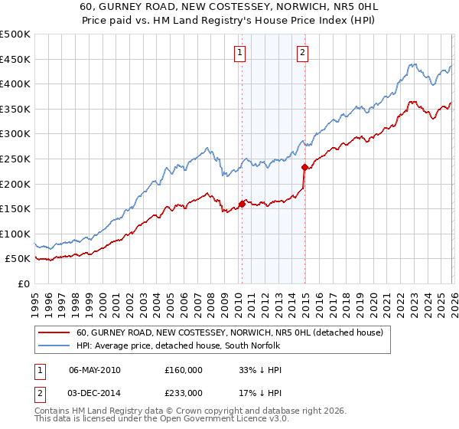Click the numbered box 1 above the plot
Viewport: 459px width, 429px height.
(240, 53)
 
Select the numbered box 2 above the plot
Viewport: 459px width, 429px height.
(303, 53)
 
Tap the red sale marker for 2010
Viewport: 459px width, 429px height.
(242, 204)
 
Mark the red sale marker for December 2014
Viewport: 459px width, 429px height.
(304, 167)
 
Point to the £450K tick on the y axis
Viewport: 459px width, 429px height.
(15, 59)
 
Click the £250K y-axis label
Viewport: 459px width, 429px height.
(15, 159)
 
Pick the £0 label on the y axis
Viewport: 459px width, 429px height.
(24, 283)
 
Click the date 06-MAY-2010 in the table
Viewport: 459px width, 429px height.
(95, 370)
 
